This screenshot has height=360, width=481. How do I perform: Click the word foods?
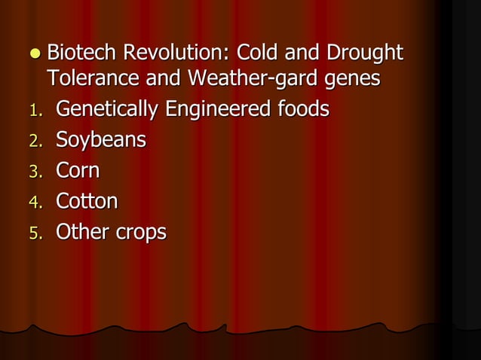tap(302, 110)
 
